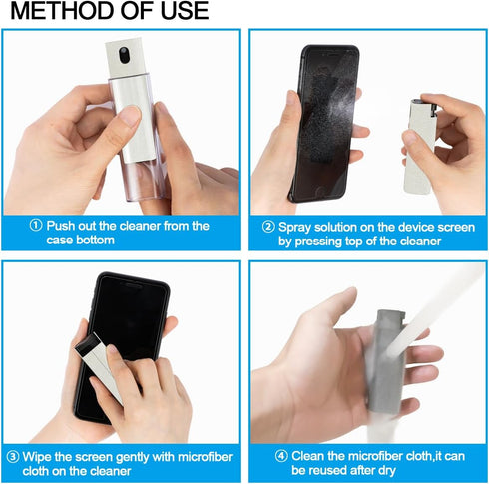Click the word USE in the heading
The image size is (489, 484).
(179, 12)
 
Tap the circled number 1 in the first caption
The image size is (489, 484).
(36, 226)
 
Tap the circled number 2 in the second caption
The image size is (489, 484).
(268, 227)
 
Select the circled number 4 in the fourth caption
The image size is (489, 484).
(281, 458)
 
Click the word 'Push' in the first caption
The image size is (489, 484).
(62, 227)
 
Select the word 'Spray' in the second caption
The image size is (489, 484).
(296, 227)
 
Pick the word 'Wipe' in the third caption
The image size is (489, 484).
(35, 458)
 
